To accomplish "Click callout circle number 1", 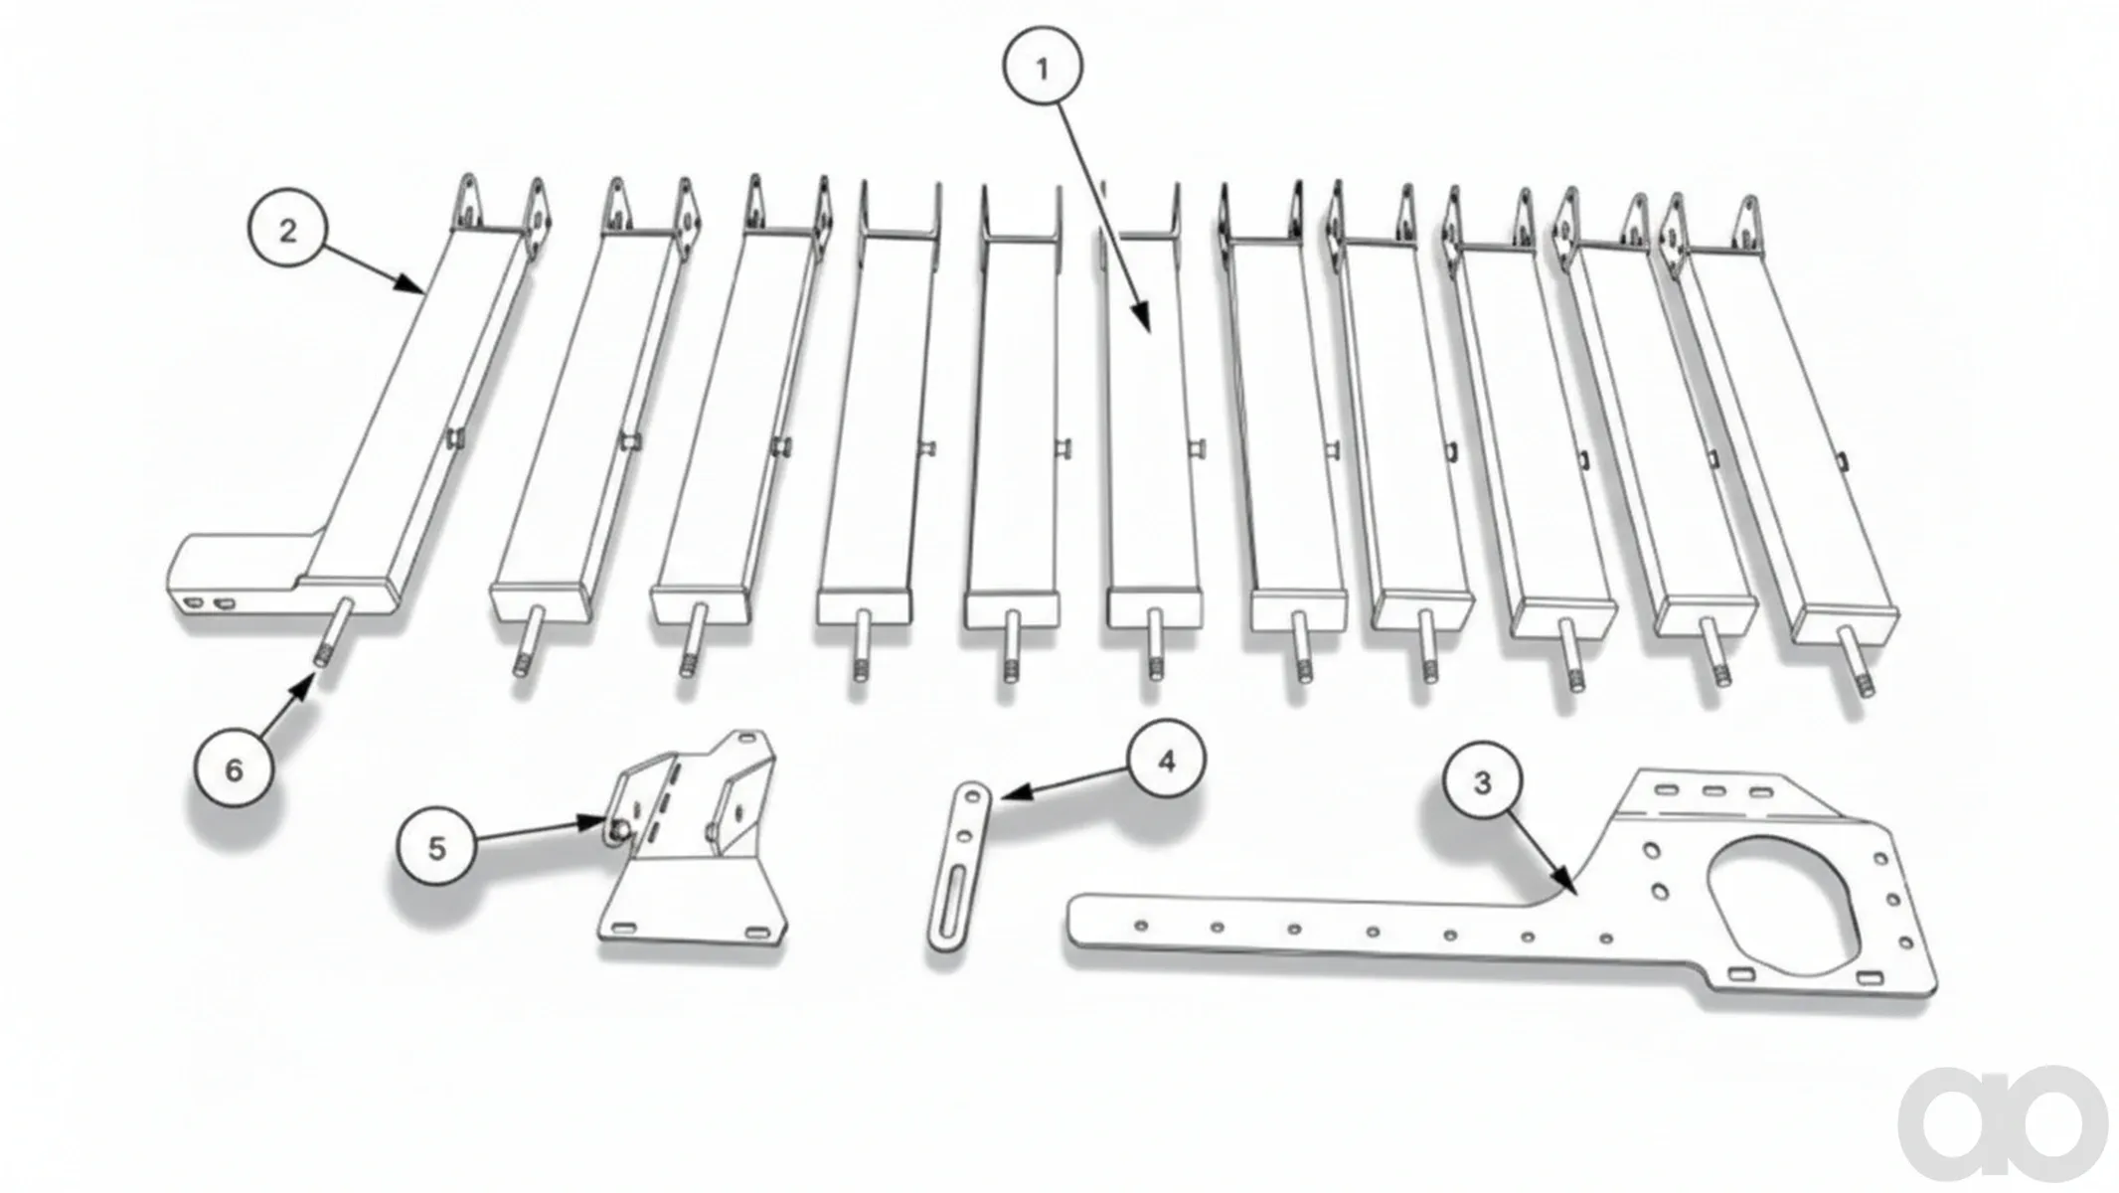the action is point(1042,68).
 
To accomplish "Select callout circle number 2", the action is point(287,231).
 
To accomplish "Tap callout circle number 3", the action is point(1482,782).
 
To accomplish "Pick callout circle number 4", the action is point(1166,761).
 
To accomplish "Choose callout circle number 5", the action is point(436,848).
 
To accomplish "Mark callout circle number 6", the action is point(234,768).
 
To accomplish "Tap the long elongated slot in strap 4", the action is point(949,904).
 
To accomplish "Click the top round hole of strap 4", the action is point(973,798).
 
